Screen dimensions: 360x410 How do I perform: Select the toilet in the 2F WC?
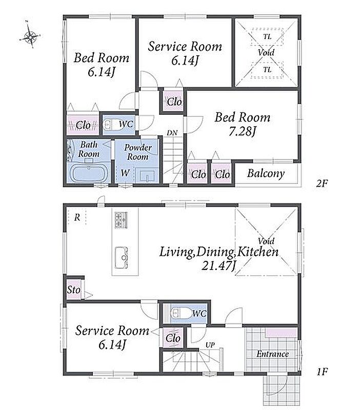109,125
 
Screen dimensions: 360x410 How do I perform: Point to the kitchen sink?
122,257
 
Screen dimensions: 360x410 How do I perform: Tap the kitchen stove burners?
121,220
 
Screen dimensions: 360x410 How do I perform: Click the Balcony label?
266,174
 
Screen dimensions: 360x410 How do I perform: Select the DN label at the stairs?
172,133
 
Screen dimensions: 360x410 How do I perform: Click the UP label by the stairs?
210,345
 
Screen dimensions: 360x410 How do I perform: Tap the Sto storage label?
73,290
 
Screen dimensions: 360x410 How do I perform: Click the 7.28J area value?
242,132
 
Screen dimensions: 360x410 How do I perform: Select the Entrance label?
273,354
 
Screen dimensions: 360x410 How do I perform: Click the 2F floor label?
322,183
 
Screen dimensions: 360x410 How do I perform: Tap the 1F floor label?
322,371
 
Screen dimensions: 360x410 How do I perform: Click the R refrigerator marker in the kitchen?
77,217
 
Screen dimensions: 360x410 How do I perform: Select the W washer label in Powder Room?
125,173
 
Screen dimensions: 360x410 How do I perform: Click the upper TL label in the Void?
267,37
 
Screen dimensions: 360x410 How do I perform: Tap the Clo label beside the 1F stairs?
173,338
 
